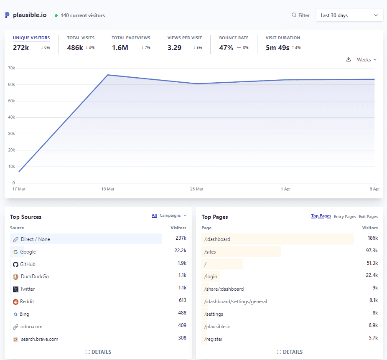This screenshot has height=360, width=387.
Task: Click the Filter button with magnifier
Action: [300, 15]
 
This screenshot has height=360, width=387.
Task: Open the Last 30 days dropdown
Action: [349, 15]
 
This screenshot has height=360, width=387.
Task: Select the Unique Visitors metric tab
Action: [31, 38]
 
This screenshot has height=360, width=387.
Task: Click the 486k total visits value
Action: [75, 48]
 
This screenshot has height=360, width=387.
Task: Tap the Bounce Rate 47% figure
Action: [226, 48]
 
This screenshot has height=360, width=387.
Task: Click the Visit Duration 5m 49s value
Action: [278, 48]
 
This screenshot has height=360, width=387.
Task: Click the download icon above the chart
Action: [349, 60]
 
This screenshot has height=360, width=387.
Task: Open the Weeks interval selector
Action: [367, 60]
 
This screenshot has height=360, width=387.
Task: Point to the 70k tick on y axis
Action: [11, 68]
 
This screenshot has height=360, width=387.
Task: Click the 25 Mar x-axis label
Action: [196, 189]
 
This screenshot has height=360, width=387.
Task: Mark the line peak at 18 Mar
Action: [108, 75]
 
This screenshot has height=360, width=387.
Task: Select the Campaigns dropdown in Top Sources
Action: [173, 215]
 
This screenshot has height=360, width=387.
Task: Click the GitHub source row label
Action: [28, 264]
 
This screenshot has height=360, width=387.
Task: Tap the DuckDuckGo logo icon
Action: [15, 276]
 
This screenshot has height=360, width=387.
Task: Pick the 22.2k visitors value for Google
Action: [180, 251]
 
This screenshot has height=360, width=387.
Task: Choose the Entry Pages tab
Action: [345, 217]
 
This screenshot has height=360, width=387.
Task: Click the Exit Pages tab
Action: [368, 217]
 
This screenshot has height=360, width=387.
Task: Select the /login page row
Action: [211, 276]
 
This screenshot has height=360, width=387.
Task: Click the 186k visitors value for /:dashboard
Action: [372, 238]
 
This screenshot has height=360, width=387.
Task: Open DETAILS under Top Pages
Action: [289, 352]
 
